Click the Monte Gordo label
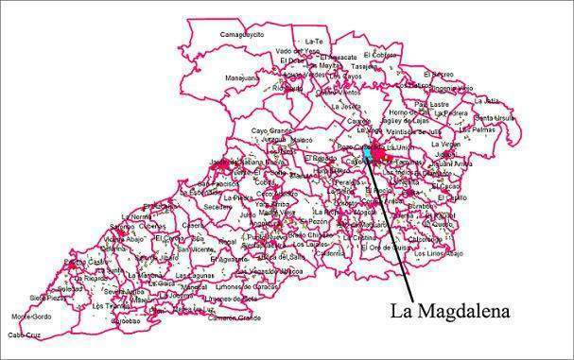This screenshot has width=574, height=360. point(31,316)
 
